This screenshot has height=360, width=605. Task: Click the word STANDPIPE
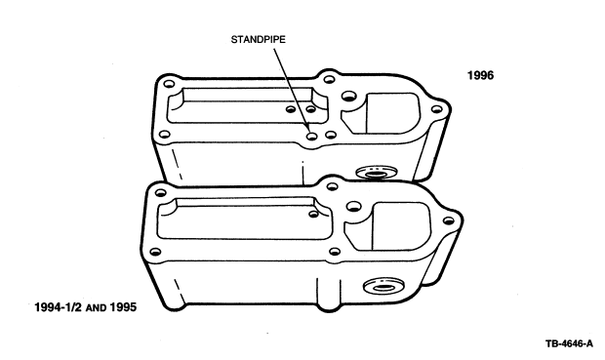point(259,40)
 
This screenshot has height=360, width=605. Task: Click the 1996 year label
point(480,75)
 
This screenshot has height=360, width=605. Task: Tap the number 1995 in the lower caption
point(123,307)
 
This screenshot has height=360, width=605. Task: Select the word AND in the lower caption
point(96,308)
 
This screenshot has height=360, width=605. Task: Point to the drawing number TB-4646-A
point(569,343)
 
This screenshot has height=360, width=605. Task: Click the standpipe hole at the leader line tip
point(311,136)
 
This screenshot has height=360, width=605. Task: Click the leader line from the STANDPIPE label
point(292,90)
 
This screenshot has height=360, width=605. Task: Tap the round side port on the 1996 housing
point(377,173)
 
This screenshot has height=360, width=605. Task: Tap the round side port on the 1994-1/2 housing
point(383,286)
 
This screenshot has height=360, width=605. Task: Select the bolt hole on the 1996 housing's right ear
point(436,109)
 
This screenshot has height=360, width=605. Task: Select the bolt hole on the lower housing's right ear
point(448,221)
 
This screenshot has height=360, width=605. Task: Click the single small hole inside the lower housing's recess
point(313,214)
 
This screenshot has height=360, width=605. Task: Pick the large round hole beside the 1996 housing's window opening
point(348,96)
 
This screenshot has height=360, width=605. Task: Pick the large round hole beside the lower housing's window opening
point(353,206)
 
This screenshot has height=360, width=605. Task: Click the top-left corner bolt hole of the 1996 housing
point(169,84)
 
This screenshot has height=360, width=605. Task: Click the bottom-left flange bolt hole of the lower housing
point(155,252)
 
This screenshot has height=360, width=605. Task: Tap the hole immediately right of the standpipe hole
point(331,135)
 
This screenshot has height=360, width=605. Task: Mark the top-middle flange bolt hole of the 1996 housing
point(329,79)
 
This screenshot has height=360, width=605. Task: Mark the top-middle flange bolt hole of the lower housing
point(332,186)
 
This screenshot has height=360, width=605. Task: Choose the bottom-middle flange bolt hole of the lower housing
point(335,252)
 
